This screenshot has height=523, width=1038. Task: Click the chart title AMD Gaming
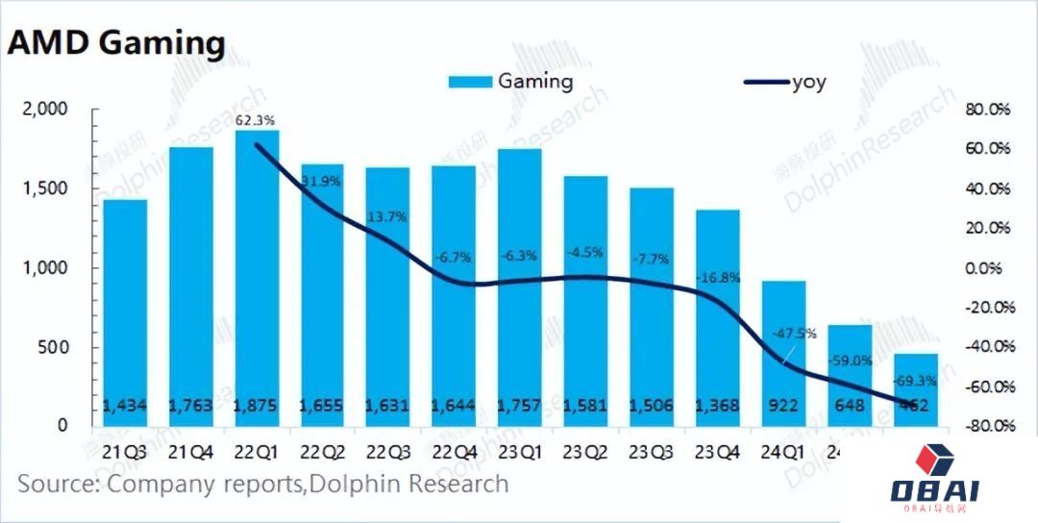tap(117, 43)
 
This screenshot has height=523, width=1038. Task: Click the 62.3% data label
tap(256, 120)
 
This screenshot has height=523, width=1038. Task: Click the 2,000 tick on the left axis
tap(44, 110)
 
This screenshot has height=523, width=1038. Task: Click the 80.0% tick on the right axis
tap(987, 110)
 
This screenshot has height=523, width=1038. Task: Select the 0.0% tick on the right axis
tap(990, 268)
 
